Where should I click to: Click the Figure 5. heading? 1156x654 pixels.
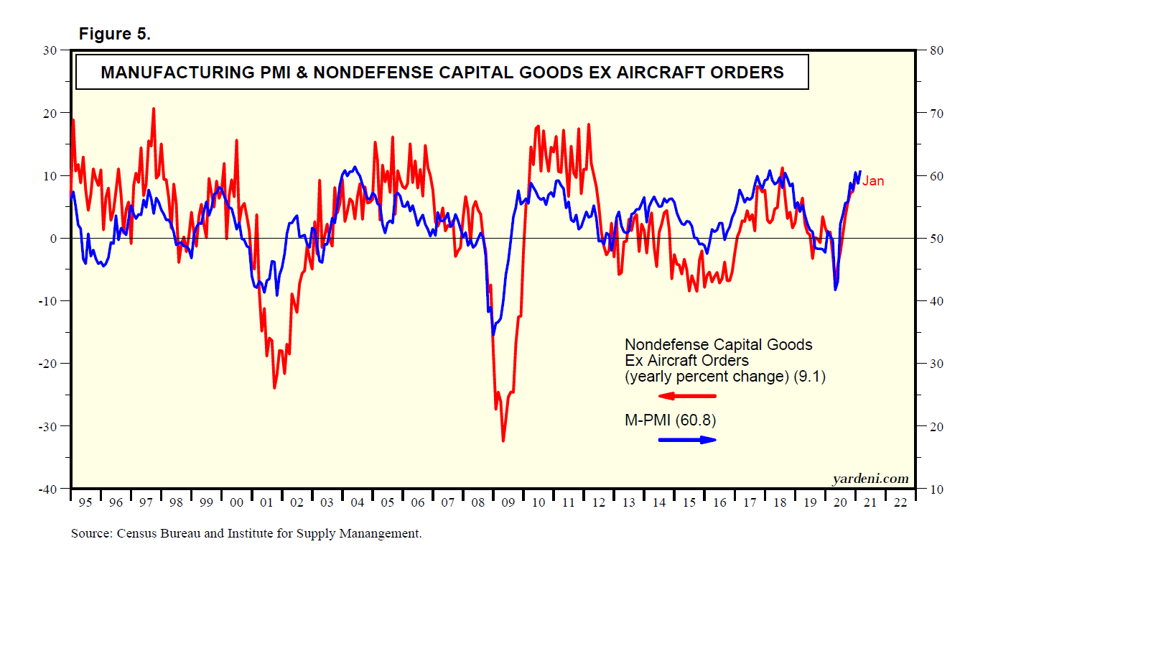(x=114, y=34)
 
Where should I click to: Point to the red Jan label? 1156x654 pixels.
(x=873, y=181)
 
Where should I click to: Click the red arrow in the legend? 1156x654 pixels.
(x=677, y=396)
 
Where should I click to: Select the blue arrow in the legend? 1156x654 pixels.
(x=687, y=440)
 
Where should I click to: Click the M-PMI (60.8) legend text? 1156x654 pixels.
(x=670, y=420)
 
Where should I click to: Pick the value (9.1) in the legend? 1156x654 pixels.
(x=810, y=377)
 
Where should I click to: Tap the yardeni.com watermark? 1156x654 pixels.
(x=870, y=479)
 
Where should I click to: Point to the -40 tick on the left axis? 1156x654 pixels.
(x=47, y=489)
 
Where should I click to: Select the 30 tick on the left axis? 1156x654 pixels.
(x=50, y=50)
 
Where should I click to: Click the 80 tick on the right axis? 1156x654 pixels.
(x=936, y=50)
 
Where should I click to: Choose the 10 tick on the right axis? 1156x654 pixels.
(x=936, y=489)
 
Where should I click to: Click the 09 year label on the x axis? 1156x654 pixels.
(x=508, y=502)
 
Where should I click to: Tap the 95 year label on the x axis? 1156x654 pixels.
(x=85, y=502)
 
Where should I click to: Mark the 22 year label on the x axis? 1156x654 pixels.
(x=900, y=502)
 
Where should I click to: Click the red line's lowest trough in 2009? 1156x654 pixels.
(x=503, y=441)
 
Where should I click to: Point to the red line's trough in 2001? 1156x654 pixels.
(x=274, y=388)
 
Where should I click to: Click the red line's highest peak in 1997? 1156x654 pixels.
(x=153, y=109)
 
